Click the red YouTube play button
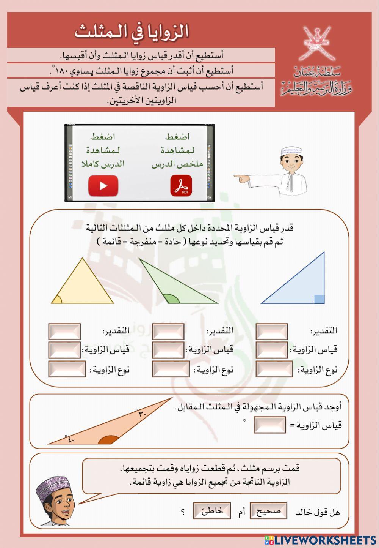103,186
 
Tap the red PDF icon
181,186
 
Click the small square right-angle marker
319,299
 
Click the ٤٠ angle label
71,440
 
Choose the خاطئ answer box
212,511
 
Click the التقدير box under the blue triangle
271,331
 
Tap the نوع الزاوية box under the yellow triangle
67,369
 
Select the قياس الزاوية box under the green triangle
168,350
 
